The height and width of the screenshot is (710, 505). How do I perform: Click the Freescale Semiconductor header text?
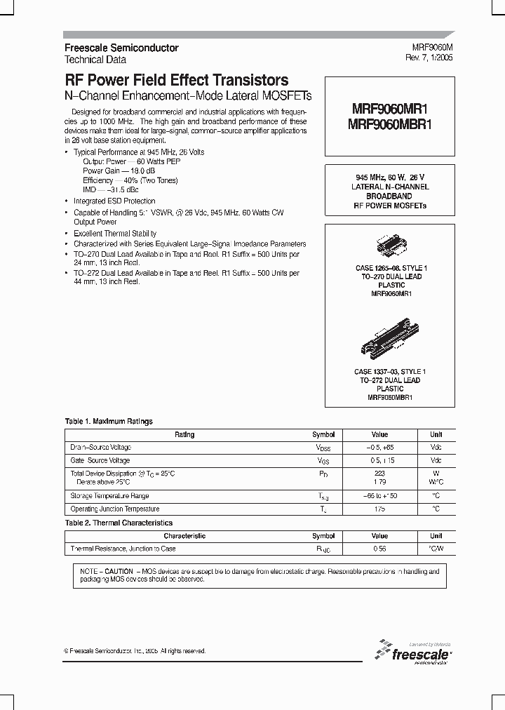point(121,48)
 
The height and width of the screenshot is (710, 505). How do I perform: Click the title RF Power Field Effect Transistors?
point(176,81)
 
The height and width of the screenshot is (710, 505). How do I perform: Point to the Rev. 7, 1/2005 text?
point(429,58)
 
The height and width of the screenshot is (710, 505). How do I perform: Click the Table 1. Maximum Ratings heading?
point(109,422)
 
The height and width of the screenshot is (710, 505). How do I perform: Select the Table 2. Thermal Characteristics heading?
point(119,523)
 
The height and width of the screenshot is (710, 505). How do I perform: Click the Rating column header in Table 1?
point(184,435)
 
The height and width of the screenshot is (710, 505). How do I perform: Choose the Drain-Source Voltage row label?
point(101,448)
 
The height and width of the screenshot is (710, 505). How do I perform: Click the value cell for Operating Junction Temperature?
point(379,509)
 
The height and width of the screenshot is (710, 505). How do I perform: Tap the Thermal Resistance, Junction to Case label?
point(123,549)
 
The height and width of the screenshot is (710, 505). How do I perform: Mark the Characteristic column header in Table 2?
point(184,536)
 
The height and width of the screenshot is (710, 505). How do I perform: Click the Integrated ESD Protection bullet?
point(114,201)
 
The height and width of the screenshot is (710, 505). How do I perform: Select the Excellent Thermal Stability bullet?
point(115,234)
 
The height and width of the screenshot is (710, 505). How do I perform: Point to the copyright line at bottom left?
point(135,651)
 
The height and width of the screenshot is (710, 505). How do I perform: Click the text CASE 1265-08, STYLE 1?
point(390,269)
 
